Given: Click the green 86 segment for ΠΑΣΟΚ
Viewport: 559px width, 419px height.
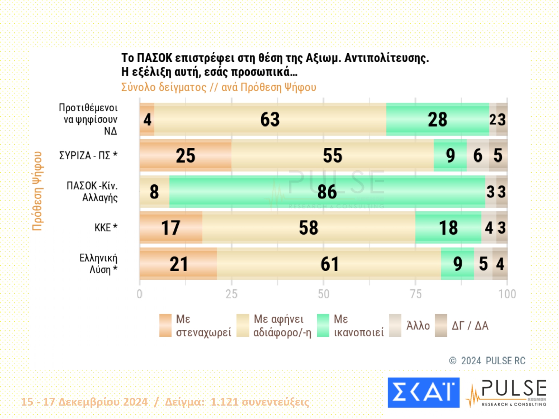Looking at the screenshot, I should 327,192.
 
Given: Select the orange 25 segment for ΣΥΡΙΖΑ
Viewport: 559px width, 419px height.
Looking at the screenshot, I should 185,156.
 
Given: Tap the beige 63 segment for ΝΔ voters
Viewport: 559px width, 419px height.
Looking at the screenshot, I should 270,120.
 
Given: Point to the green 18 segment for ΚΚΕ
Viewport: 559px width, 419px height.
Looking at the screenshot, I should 448,228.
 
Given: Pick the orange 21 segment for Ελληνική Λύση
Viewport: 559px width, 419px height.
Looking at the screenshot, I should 178,264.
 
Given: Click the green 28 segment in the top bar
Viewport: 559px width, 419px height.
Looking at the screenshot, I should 437,120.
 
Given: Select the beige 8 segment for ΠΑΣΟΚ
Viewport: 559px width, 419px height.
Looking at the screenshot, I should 154,192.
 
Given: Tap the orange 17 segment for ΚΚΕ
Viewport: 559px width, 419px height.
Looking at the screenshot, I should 171,228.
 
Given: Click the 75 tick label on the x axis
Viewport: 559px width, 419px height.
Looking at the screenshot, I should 416,294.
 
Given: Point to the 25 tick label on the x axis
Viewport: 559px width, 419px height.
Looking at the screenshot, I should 231,294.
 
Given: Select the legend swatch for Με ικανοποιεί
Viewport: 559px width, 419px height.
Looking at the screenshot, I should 323,326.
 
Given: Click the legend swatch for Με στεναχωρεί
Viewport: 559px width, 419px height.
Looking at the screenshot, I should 165,326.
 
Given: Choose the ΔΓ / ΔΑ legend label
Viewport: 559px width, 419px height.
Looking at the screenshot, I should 470,326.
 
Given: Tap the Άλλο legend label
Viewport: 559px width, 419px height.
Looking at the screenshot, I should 418,326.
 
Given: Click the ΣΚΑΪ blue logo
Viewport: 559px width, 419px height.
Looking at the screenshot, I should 423,393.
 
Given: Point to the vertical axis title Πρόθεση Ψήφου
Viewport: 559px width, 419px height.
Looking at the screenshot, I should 37,191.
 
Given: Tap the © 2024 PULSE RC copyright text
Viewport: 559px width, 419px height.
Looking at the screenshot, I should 487,361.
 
